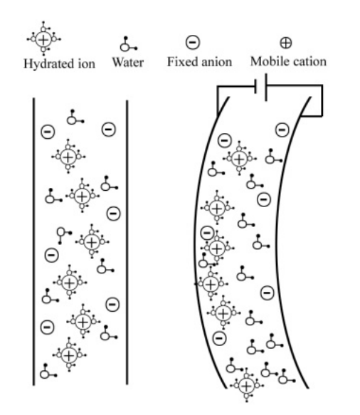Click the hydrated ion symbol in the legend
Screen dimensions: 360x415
coord(43,39)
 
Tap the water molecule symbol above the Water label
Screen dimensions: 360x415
coord(128,44)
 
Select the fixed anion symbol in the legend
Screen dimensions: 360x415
coord(193,42)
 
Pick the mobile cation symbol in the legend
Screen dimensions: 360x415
coord(286,43)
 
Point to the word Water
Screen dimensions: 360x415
coord(128,63)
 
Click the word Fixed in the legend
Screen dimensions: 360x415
coord(181,62)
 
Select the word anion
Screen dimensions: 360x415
coord(215,62)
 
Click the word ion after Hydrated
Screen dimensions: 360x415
coord(86,64)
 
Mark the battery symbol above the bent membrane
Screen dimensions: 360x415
coord(261,87)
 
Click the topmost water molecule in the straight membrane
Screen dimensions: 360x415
coord(75,117)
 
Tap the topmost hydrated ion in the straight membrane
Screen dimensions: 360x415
coord(68,157)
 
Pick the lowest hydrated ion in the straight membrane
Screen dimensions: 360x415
coord(69,355)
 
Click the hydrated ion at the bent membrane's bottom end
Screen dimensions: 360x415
coord(247,385)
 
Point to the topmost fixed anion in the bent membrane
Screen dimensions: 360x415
coord(282,130)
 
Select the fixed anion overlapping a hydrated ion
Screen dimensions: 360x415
coord(207,233)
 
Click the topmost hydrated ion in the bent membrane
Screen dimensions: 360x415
coord(239,159)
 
